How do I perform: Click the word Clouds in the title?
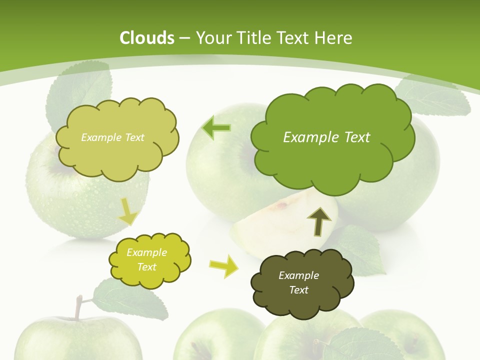click(x=147, y=38)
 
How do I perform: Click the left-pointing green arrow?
click(x=216, y=128)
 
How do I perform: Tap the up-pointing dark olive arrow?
click(x=319, y=221)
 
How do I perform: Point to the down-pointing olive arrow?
click(x=128, y=211)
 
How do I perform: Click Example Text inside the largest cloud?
click(x=326, y=137)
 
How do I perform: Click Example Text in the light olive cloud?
click(x=112, y=137)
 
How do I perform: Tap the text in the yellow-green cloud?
click(x=147, y=259)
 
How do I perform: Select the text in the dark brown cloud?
click(x=298, y=282)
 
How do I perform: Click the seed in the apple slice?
click(x=283, y=205)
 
